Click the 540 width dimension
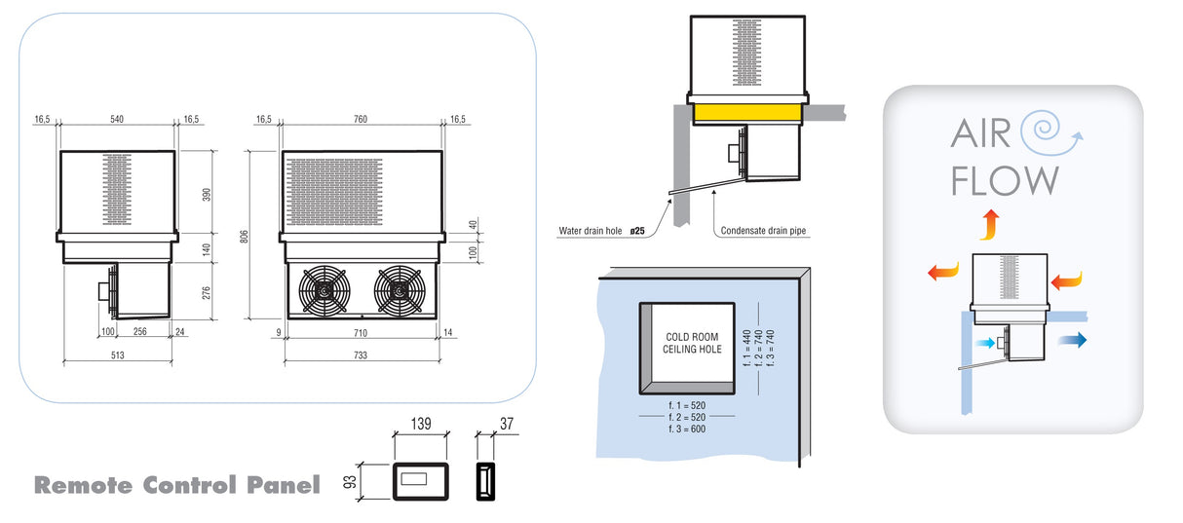[116, 119]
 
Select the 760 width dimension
[361, 119]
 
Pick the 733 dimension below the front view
[361, 355]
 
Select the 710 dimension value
[361, 333]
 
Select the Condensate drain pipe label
[764, 232]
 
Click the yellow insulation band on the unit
[746, 112]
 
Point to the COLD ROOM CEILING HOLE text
[693, 342]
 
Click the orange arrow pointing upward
[988, 223]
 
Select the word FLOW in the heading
[1005, 181]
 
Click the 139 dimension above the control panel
[420, 426]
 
